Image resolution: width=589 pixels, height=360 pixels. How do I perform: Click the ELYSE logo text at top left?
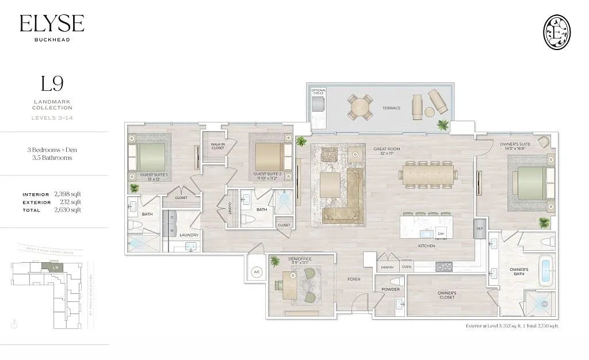[x=52, y=23]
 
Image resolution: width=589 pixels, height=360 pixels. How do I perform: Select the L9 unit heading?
[x=52, y=84]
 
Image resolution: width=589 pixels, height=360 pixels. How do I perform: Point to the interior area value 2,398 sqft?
[x=68, y=194]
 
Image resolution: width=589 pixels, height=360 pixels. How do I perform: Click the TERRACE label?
[x=391, y=108]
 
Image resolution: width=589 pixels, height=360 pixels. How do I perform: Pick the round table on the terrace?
[x=360, y=107]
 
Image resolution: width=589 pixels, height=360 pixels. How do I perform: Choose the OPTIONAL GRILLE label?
[x=319, y=91]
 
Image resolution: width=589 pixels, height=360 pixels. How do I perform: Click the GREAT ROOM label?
[x=387, y=151]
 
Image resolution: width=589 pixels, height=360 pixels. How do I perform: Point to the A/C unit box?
[x=257, y=273]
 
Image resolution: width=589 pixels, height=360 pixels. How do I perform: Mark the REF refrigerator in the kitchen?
[x=480, y=228]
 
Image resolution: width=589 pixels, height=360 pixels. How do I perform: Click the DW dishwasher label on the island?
[x=440, y=233]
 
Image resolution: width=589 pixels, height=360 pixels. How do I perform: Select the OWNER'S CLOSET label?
[x=447, y=295]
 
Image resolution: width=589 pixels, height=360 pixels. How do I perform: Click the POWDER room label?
[x=391, y=289]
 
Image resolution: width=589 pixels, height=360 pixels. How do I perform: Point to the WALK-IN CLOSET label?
[x=217, y=146]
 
